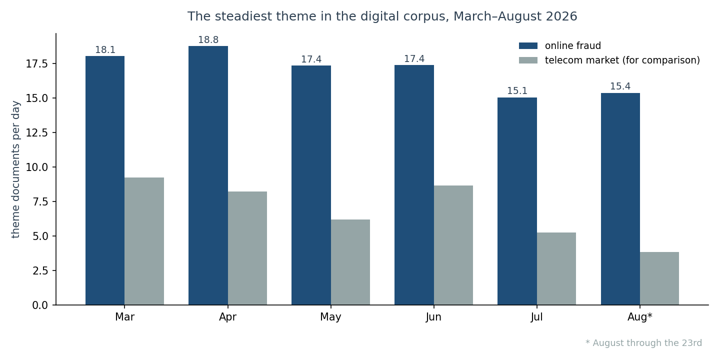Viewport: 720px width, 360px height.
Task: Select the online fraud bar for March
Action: (x=105, y=180)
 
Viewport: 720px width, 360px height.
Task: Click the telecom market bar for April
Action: (x=247, y=248)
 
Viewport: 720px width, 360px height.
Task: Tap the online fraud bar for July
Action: (x=517, y=201)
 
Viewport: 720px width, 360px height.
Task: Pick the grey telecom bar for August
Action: (x=659, y=278)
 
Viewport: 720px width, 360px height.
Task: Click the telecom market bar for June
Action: (x=453, y=245)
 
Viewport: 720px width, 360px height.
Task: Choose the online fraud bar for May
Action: (x=311, y=185)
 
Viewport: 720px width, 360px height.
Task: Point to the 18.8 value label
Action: (x=208, y=40)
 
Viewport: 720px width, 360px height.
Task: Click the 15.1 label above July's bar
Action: (x=517, y=91)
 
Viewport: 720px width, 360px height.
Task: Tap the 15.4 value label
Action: (x=620, y=86)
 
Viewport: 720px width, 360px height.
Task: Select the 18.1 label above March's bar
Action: (x=105, y=50)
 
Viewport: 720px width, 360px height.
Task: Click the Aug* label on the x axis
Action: (x=640, y=317)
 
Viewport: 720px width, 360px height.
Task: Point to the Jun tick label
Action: (x=433, y=317)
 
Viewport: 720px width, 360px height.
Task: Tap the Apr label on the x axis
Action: (x=227, y=317)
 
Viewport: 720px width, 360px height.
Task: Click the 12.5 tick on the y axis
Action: (x=36, y=133)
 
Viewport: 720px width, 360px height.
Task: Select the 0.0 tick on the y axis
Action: (x=40, y=305)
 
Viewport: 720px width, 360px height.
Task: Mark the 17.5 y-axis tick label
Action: (x=36, y=64)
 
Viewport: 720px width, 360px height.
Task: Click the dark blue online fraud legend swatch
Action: (x=528, y=46)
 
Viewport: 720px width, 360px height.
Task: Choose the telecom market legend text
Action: (x=622, y=60)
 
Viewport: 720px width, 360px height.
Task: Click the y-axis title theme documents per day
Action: (x=15, y=169)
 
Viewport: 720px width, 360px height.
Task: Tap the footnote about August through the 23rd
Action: (x=644, y=343)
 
